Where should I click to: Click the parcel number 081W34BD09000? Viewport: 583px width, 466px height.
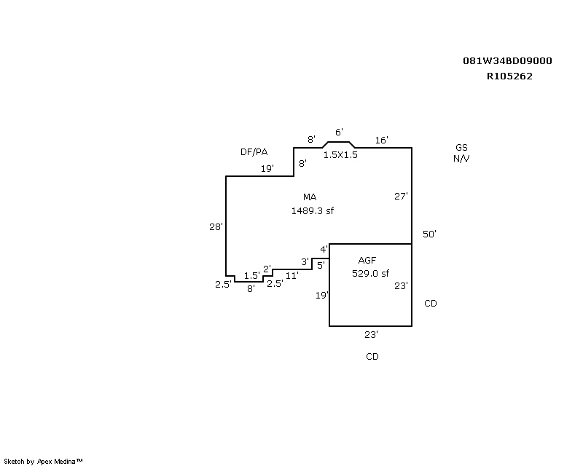tap(507, 61)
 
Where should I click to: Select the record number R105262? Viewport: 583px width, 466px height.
tap(509, 76)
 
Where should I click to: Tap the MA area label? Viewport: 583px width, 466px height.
tap(310, 197)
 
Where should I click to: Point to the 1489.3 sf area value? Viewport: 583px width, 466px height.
tap(313, 210)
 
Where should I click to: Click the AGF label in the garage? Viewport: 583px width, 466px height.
tap(367, 260)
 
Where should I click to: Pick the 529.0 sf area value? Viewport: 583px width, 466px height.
tap(370, 273)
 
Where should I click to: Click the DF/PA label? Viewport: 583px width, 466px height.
tap(254, 151)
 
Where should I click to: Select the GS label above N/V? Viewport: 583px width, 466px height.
tap(461, 147)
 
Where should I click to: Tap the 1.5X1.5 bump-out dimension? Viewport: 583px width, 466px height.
tap(340, 155)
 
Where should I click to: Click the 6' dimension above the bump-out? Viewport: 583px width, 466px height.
tap(339, 132)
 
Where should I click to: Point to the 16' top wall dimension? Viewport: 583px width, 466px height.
tap(381, 140)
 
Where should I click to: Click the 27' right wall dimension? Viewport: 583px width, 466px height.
tap(401, 196)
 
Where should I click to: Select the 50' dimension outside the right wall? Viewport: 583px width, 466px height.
tap(429, 234)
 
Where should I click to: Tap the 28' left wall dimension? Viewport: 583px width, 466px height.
tap(216, 226)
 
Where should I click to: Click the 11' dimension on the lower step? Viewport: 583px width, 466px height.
tap(292, 275)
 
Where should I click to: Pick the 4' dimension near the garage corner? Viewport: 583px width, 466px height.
tap(324, 249)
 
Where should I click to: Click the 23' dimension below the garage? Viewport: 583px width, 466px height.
tap(371, 334)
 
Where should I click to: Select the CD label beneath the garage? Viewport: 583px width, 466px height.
tap(372, 356)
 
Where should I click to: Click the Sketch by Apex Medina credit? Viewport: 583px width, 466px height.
tap(43, 462)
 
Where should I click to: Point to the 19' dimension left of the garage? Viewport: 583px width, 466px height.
tap(322, 295)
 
